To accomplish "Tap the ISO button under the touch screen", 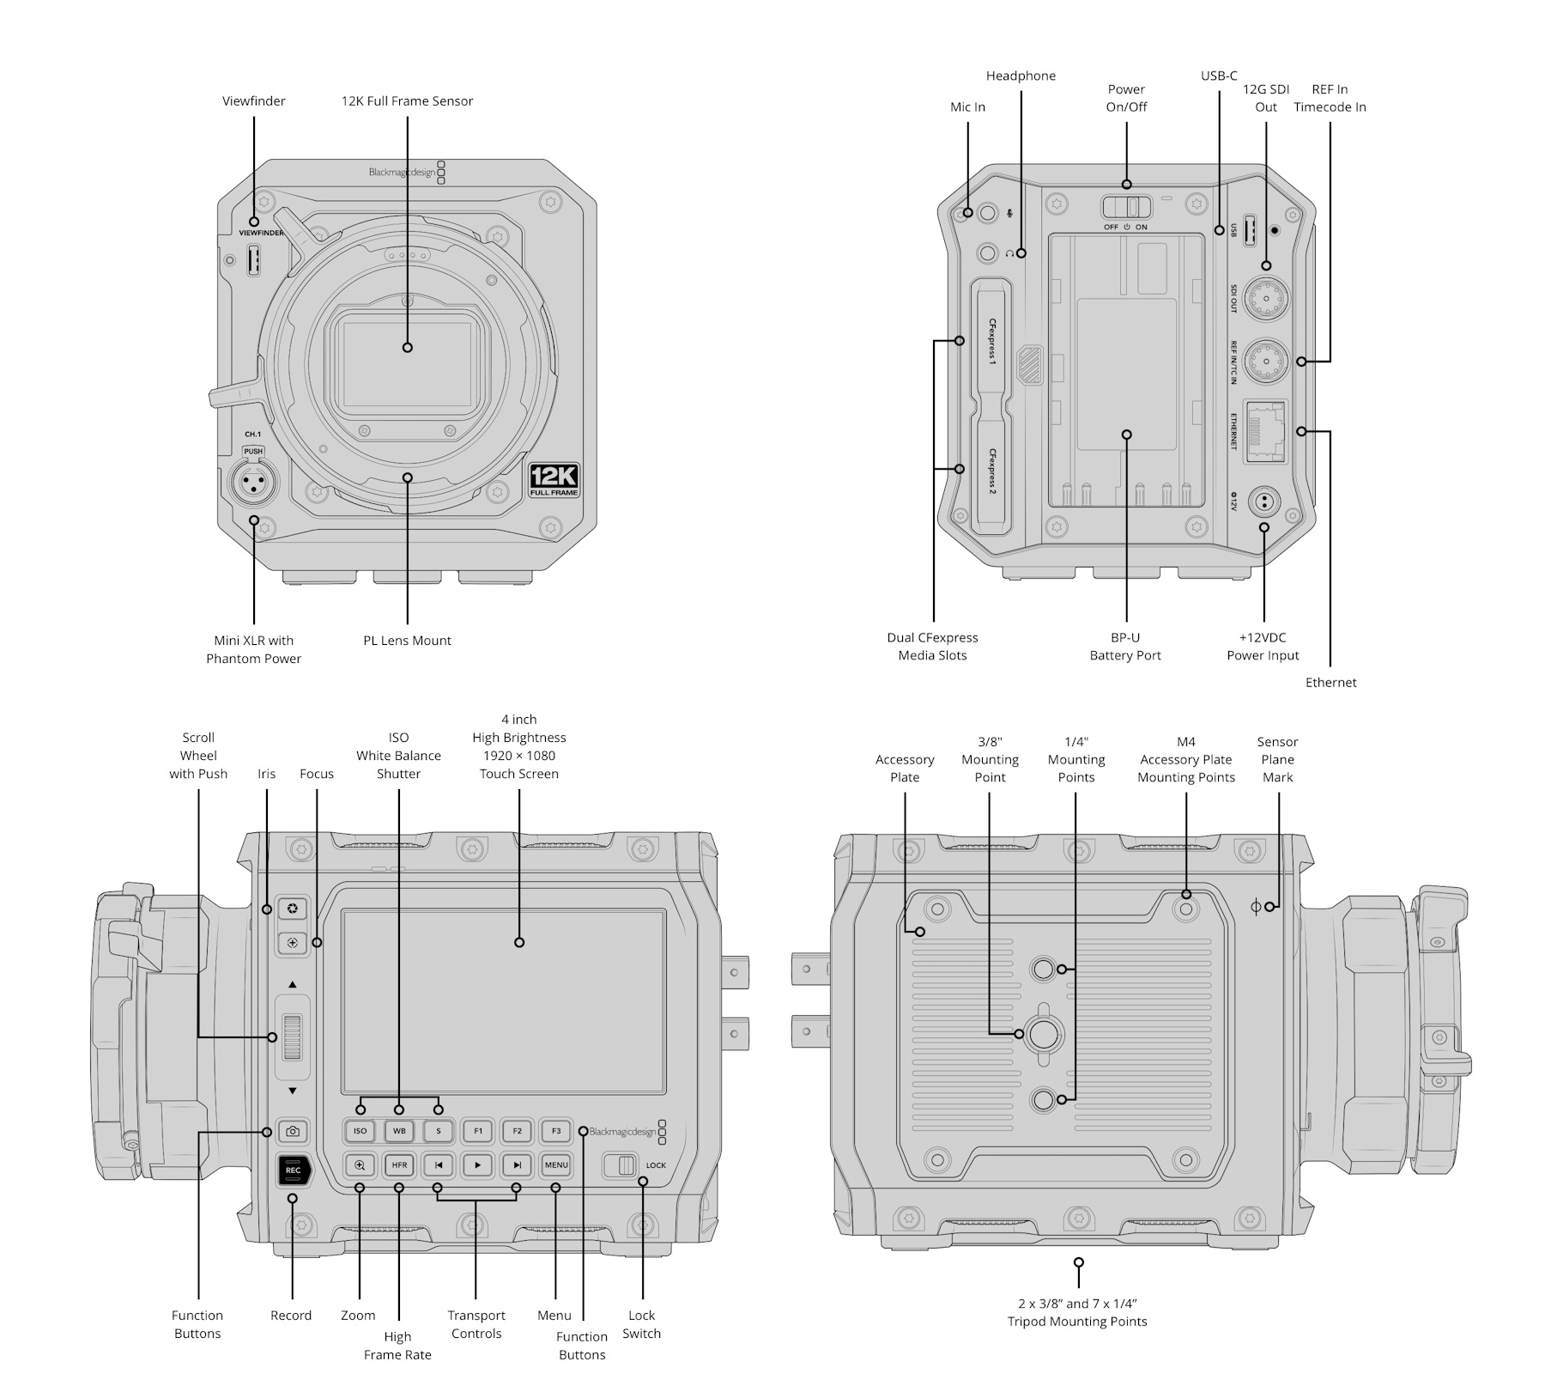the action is [360, 1131].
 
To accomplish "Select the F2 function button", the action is [517, 1131].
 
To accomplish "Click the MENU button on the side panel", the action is [556, 1165].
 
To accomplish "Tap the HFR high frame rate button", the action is [399, 1165].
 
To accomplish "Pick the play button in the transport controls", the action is [477, 1165].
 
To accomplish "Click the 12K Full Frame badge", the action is [554, 480].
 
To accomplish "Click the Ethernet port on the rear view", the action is [1265, 432].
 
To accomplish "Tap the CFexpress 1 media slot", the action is [991, 342].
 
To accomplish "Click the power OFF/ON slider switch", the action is [1126, 207].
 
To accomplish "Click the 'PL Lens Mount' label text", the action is [407, 641].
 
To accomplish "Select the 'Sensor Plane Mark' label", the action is [1277, 759].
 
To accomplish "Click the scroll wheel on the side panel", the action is [293, 1037].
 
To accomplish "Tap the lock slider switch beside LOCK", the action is [622, 1165].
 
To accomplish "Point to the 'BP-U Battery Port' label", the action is [1125, 647].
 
